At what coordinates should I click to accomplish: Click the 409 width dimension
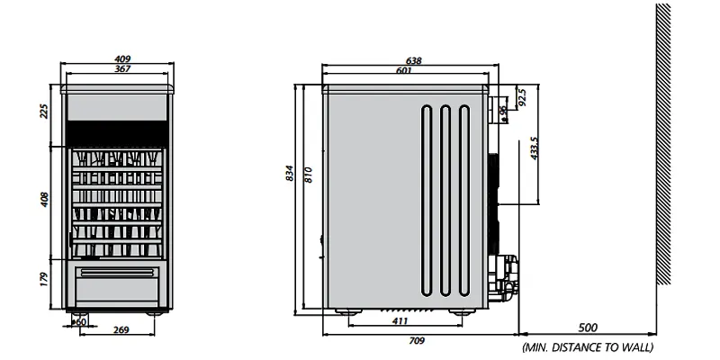[122, 58]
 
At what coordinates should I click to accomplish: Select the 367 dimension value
[122, 69]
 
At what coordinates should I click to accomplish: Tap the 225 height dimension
[43, 111]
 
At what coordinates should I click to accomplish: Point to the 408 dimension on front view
[43, 200]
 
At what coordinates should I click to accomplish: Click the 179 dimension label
[43, 280]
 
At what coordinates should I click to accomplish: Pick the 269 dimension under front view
[121, 329]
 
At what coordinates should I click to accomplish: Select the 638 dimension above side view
[413, 60]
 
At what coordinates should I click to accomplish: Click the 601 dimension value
[403, 71]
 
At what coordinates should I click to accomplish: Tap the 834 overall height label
[290, 173]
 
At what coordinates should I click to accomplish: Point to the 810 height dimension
[309, 175]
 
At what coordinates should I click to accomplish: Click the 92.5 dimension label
[521, 97]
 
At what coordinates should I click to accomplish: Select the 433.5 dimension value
[534, 148]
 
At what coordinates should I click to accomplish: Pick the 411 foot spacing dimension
[400, 321]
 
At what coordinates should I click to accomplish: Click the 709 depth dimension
[417, 341]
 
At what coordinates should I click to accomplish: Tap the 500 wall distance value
[588, 328]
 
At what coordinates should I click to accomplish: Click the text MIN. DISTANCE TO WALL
[588, 347]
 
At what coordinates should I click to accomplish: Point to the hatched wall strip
[663, 144]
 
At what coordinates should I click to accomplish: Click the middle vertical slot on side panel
[445, 201]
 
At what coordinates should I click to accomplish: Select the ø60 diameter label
[79, 322]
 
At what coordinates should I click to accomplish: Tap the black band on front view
[117, 133]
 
